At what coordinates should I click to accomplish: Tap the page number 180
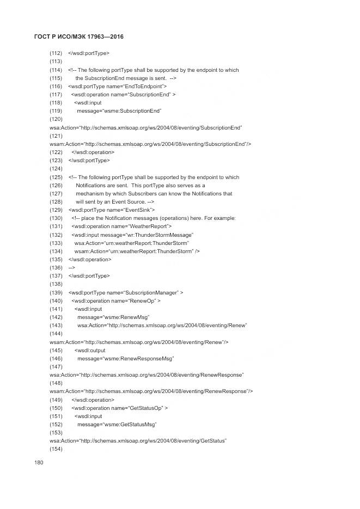(x=40, y=462)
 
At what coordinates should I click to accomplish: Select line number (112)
(x=56, y=53)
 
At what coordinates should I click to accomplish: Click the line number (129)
(x=56, y=210)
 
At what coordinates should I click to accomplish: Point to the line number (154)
(x=56, y=449)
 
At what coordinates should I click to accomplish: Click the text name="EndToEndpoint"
(x=138, y=87)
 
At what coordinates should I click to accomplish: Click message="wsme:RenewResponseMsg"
(x=125, y=359)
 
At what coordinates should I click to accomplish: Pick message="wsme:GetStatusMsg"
(x=120, y=425)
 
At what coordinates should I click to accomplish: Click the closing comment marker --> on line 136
(x=72, y=268)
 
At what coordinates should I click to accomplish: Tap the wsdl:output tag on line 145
(x=90, y=351)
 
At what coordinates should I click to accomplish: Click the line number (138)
(x=56, y=284)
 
